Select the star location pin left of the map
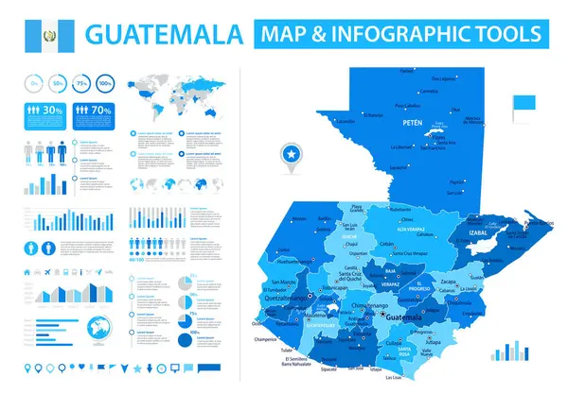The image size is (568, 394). [288, 154]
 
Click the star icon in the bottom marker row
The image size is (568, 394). [137, 367]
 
